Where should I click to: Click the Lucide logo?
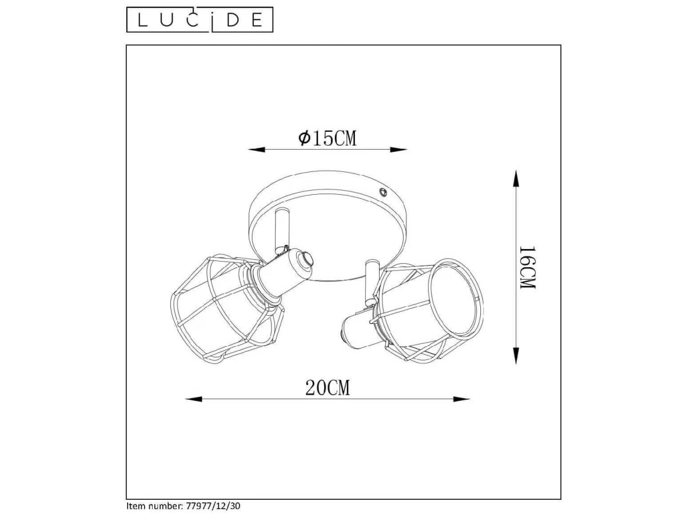point(200,19)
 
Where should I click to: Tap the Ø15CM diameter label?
point(327,138)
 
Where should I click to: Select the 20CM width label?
point(327,388)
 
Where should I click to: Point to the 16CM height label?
point(528,267)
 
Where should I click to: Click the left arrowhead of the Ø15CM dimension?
point(256,150)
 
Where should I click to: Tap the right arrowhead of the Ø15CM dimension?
point(399,150)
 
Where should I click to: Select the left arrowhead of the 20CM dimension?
point(193,399)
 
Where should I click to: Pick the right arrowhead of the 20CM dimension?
point(461,399)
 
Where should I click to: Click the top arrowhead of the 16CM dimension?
point(516,179)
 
